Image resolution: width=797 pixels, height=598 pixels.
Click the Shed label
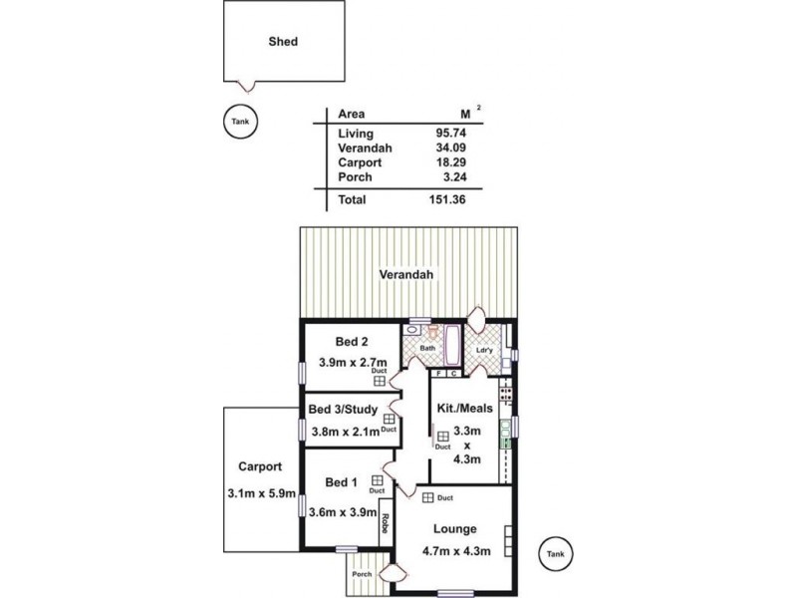click(x=283, y=42)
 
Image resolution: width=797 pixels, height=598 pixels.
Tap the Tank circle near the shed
click(x=240, y=121)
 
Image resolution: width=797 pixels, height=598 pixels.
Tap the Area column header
click(x=351, y=115)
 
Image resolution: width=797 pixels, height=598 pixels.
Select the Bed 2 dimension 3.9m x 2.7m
click(x=352, y=362)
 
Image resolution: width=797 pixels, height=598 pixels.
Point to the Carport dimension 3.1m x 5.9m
click(x=260, y=492)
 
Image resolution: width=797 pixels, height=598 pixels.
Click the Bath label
click(x=427, y=348)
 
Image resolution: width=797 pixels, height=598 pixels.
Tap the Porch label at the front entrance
click(x=360, y=574)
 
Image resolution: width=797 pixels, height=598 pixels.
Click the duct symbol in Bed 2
click(x=380, y=380)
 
